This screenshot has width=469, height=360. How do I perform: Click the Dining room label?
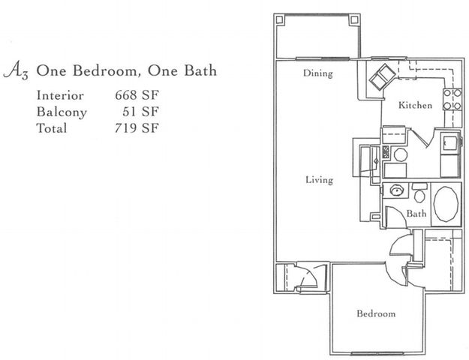tap(317, 73)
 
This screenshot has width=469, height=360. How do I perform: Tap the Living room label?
tap(319, 180)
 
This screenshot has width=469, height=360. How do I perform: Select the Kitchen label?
tap(415, 105)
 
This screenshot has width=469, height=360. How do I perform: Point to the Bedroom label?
tap(376, 313)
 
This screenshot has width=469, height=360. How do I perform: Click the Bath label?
tap(416, 214)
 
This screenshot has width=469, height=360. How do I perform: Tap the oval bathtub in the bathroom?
tap(446, 204)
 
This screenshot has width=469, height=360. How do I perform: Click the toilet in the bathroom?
tap(419, 193)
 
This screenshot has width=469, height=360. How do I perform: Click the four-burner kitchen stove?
tap(452, 99)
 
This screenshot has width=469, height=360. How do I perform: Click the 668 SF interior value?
tap(137, 95)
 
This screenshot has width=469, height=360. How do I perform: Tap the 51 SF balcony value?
tap(140, 112)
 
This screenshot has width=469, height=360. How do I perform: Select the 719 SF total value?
tap(137, 128)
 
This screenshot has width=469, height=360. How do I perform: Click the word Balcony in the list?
tap(62, 112)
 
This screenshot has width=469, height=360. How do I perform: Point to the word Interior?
tap(60, 96)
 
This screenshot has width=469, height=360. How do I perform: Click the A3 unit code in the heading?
tap(16, 71)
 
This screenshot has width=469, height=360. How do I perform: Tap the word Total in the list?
tap(52, 128)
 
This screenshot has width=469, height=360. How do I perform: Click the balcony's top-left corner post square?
tap(279, 20)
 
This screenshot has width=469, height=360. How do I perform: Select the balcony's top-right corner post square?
tap(354, 20)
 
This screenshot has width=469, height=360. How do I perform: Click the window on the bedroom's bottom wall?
tap(376, 354)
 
